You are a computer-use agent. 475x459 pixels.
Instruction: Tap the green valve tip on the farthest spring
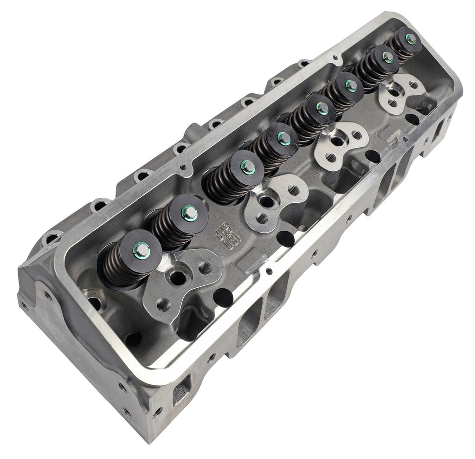[411, 39]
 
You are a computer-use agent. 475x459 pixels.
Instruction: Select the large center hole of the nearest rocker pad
[177, 277]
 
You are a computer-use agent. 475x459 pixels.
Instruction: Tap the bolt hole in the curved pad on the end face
[48, 293]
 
